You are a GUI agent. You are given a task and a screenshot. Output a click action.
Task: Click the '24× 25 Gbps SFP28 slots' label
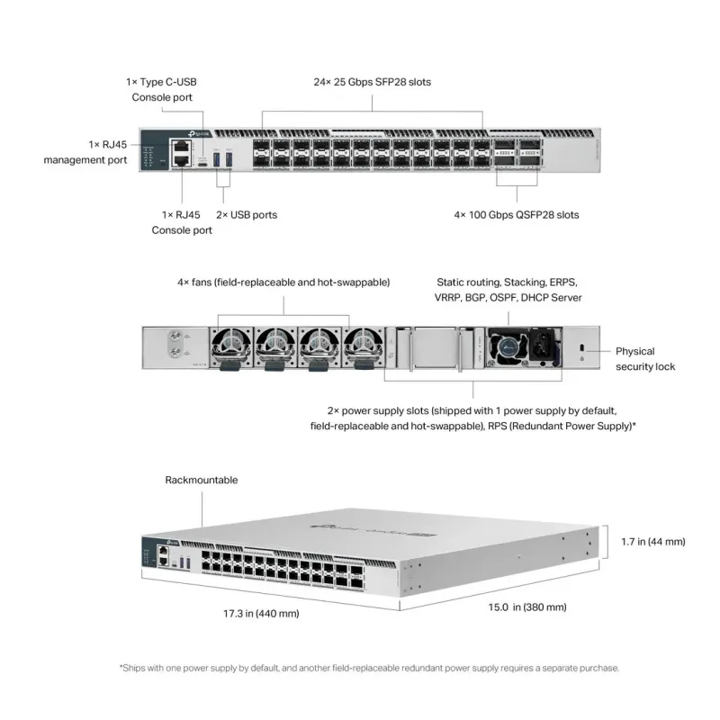coord(372,82)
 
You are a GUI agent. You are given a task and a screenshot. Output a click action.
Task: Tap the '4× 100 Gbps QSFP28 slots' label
coord(516,215)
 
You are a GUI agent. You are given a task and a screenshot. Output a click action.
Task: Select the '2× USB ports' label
coord(247,215)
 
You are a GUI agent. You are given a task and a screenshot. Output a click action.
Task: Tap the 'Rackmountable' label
coord(202,480)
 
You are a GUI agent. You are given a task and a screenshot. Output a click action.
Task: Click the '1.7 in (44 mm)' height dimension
coord(652,542)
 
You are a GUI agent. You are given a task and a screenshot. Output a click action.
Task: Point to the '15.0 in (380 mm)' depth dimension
coord(527,607)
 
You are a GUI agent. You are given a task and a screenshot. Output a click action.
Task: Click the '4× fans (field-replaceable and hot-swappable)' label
coord(283,282)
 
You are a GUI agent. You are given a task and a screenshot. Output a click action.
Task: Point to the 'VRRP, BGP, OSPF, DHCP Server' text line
coord(508,297)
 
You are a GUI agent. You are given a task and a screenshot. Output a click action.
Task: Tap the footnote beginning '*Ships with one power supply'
coord(369,668)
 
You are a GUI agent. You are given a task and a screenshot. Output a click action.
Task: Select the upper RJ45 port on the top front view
coord(183,144)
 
